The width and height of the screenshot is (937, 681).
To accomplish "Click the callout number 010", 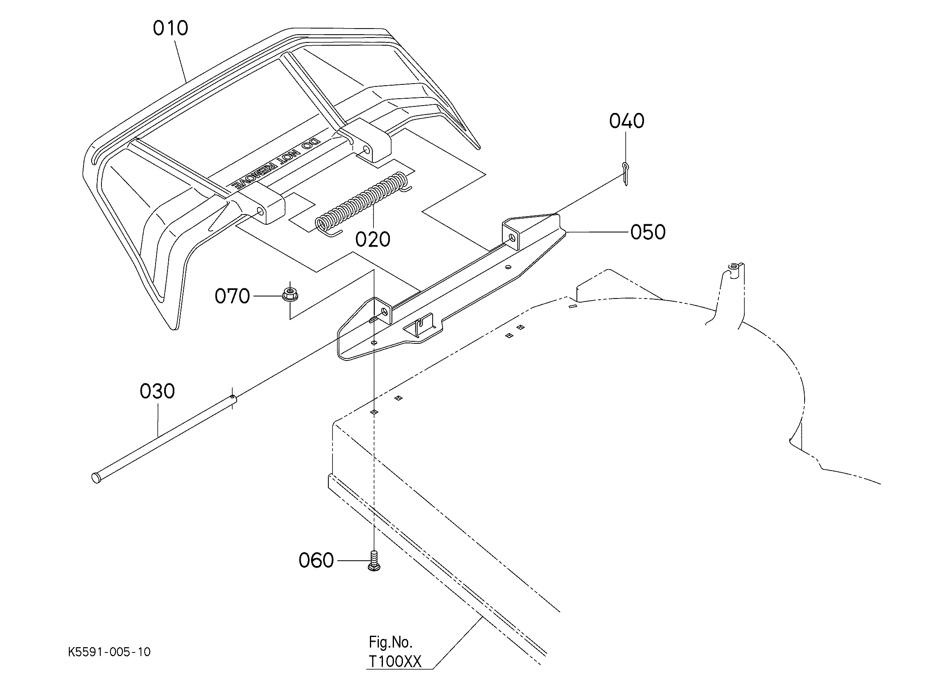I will (170, 28).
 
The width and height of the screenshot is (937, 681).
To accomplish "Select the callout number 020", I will (373, 240).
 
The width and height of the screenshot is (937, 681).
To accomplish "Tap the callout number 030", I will (157, 391).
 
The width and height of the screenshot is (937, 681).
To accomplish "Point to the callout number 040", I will (626, 121).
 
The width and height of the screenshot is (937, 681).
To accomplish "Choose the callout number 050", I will (648, 232).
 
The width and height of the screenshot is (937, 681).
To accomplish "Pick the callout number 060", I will (316, 561).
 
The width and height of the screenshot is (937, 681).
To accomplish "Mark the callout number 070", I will (232, 296).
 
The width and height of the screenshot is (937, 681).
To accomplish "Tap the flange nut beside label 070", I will (290, 295).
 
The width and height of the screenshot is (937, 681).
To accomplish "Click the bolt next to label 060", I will (374, 562).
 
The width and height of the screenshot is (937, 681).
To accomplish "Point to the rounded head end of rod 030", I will (96, 478).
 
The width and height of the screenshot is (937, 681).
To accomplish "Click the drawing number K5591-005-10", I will (109, 652).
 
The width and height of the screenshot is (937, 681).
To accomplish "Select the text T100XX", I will (394, 661).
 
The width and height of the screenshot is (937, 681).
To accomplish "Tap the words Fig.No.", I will (390, 642).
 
